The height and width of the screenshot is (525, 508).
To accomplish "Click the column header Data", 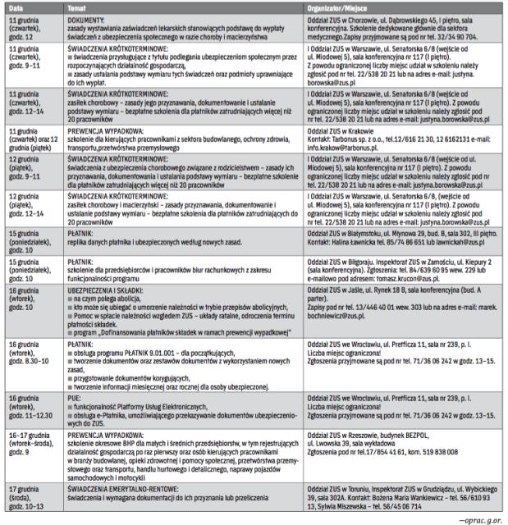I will tap(16, 7).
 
